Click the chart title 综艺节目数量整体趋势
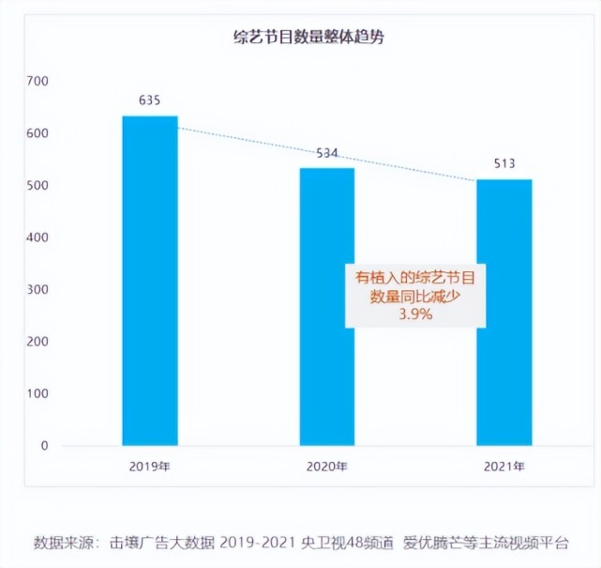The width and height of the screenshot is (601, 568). click(309, 38)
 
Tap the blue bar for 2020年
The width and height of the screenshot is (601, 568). click(327, 305)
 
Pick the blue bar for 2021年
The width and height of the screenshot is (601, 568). click(504, 312)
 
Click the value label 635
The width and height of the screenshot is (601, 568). click(150, 100)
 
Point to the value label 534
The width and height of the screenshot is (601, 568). click(327, 153)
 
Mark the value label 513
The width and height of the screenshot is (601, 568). click(504, 164)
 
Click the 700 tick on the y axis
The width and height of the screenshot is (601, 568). click(37, 83)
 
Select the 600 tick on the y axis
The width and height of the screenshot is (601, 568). click(37, 134)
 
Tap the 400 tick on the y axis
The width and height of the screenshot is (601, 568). click(37, 238)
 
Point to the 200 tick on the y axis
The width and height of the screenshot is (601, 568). click(37, 342)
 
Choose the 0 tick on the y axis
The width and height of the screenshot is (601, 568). click(44, 446)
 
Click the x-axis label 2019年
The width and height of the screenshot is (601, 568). click(150, 466)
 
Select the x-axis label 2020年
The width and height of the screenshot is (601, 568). click(327, 466)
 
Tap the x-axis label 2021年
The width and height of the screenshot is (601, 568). click(504, 466)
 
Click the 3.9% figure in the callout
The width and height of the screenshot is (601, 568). click(414, 315)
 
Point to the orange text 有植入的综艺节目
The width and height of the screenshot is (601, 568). click(414, 277)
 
